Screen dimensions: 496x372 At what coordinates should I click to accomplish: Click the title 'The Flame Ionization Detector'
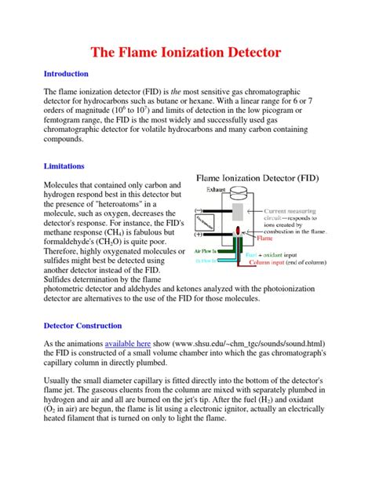coord(185,53)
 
